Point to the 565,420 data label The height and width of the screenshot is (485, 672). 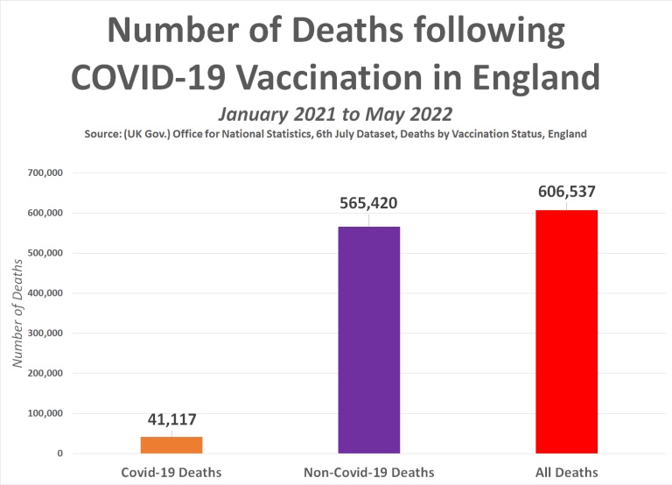[368, 203]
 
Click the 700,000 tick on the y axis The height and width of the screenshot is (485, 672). [44, 173]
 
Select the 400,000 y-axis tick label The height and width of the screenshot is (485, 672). [44, 293]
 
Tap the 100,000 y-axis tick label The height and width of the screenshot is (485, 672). [44, 413]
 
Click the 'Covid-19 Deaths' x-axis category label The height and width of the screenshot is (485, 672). [171, 473]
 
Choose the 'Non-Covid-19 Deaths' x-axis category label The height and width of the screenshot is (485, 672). [368, 473]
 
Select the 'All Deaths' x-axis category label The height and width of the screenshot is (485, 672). [568, 473]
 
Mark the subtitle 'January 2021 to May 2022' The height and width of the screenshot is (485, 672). [336, 114]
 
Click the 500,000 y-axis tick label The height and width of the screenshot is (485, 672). [44, 253]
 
